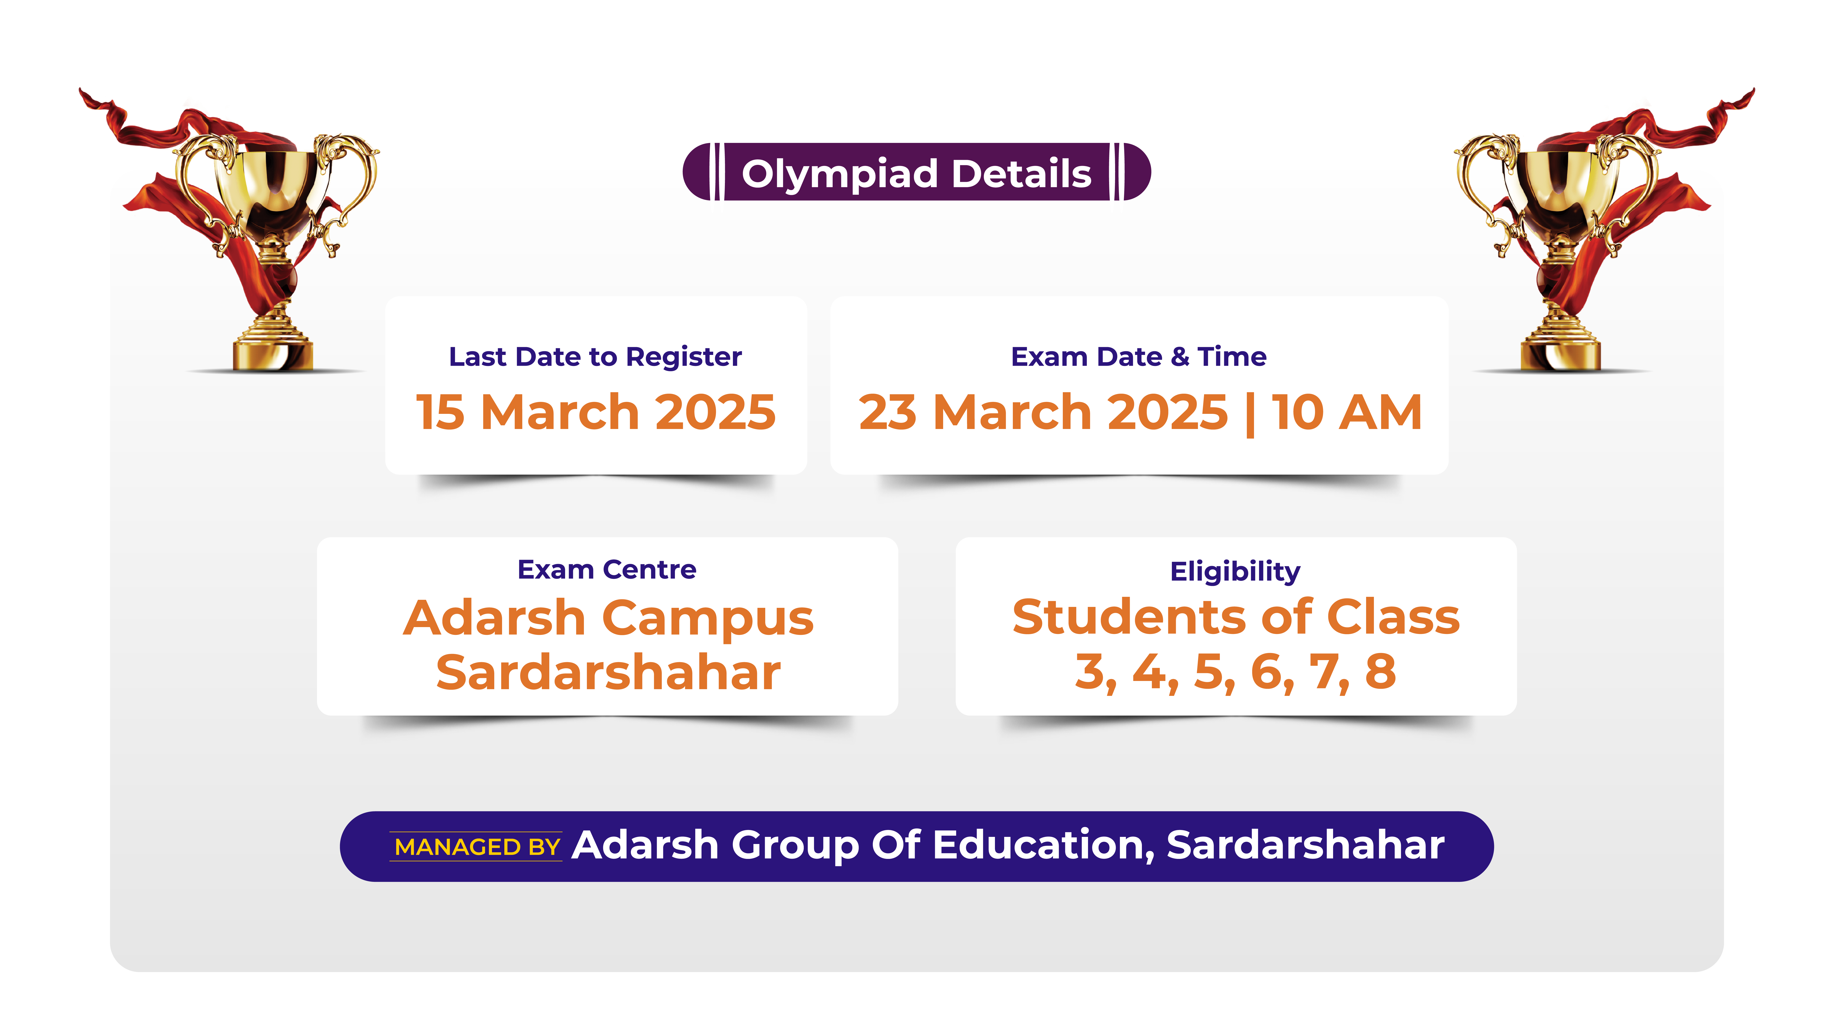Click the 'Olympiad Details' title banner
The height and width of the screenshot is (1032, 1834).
[x=916, y=172]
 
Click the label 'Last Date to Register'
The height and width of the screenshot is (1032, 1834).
[x=595, y=356]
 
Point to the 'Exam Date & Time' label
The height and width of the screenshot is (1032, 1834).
[x=1138, y=356]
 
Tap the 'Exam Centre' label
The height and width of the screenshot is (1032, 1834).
[x=607, y=569]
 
